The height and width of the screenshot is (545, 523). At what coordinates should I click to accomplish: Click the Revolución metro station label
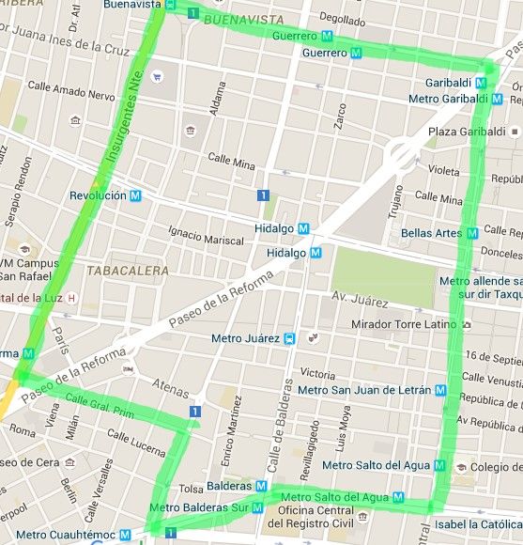tap(99, 195)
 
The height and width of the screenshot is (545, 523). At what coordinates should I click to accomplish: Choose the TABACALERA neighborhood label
tap(128, 271)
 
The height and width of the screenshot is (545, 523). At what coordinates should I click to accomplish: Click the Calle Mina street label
tap(232, 162)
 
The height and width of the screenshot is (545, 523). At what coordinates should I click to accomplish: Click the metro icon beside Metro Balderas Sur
tap(255, 508)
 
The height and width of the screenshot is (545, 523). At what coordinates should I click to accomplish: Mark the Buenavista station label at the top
tap(132, 5)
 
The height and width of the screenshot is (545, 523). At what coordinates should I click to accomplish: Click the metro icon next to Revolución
tap(136, 195)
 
